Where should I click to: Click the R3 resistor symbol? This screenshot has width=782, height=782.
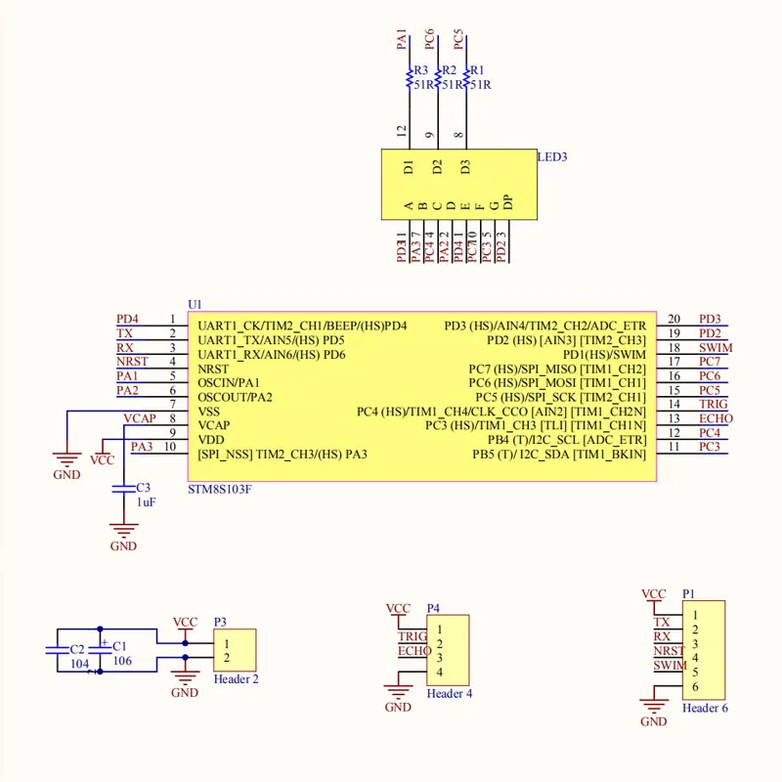click(x=409, y=79)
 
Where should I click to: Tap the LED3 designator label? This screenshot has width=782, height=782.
click(x=552, y=156)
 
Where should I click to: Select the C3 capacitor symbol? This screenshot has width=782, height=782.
click(x=123, y=487)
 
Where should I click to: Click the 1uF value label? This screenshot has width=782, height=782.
click(x=145, y=501)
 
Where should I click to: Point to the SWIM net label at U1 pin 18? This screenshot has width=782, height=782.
click(x=716, y=348)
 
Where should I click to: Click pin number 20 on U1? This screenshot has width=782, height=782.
click(x=674, y=319)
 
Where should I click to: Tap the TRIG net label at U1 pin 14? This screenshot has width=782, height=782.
click(x=714, y=405)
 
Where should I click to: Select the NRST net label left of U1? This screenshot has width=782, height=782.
click(x=132, y=362)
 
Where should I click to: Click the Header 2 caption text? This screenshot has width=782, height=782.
click(x=236, y=678)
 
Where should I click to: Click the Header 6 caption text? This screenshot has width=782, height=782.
click(x=704, y=708)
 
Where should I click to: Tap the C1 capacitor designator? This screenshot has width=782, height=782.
click(x=119, y=646)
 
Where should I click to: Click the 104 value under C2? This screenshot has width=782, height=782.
click(x=78, y=663)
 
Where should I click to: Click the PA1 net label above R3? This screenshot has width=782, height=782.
click(x=401, y=41)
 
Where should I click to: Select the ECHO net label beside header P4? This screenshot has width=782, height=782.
click(x=414, y=651)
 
